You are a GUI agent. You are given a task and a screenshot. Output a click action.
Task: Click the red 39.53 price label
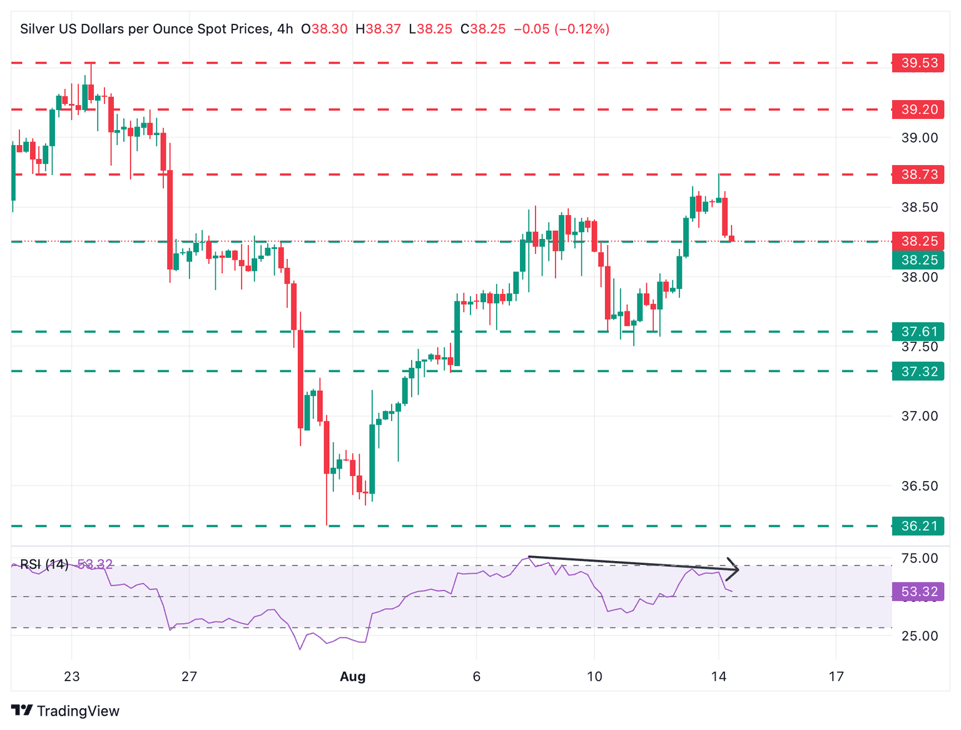point(918,63)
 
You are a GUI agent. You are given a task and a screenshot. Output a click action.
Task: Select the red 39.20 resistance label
point(918,109)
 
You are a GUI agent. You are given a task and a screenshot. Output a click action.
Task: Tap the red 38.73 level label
point(918,174)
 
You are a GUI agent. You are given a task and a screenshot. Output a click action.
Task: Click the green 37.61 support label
point(918,332)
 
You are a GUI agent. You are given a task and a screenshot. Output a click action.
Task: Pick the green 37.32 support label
point(918,372)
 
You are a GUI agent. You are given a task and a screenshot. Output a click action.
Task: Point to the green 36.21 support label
point(918,526)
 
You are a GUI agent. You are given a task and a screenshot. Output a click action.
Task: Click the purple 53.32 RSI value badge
point(918,591)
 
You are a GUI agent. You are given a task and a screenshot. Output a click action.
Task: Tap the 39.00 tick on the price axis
point(919,138)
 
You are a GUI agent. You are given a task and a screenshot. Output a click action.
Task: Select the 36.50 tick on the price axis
point(919,486)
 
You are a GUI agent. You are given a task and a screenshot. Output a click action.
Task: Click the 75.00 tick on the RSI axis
point(919,558)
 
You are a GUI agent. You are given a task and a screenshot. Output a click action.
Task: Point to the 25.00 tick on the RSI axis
point(919,636)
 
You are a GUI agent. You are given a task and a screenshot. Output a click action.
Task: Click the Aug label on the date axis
point(352,676)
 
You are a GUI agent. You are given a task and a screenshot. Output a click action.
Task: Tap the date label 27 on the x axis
point(189,676)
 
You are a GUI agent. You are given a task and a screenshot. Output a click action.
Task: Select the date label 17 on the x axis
point(836,676)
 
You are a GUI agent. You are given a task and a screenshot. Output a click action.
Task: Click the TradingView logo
point(65,711)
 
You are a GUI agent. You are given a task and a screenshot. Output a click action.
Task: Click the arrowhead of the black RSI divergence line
point(735,568)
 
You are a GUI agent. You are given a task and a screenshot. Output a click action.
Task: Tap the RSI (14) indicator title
point(44,564)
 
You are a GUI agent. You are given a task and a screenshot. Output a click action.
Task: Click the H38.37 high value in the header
point(378,29)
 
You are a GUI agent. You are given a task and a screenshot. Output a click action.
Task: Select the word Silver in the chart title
point(37,29)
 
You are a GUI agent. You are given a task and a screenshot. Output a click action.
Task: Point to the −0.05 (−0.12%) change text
point(561,29)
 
